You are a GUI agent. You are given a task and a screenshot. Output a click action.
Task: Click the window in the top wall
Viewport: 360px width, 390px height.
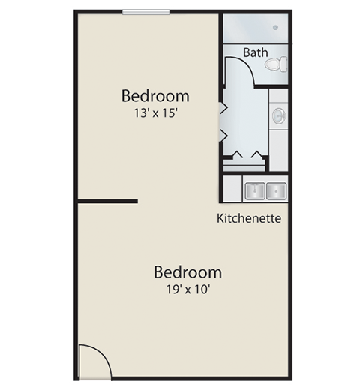coord(146,12)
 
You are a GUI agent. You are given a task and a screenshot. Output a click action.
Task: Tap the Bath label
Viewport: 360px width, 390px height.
coord(255,52)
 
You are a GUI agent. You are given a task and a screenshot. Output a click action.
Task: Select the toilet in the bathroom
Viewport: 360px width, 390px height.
coord(276,64)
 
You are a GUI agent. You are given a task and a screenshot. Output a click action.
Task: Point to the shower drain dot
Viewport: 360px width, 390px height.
coord(275,27)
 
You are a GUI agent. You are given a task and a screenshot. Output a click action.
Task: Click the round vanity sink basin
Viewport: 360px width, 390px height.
coord(278,116)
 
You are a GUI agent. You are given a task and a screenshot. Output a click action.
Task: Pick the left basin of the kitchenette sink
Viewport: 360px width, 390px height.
coord(255,191)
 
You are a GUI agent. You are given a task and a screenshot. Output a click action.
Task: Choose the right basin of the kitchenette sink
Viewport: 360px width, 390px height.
coord(276,191)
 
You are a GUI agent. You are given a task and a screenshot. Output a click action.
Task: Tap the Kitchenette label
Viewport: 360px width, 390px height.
coord(249,218)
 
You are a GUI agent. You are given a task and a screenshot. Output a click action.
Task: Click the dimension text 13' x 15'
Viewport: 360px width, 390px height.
coord(155,112)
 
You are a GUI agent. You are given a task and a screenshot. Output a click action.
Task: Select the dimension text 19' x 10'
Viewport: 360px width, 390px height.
coord(188,289)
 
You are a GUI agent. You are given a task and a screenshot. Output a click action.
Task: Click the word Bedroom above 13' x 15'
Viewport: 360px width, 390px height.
coord(155,96)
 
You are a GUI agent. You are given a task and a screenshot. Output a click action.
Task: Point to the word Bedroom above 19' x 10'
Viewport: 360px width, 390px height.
coord(187,272)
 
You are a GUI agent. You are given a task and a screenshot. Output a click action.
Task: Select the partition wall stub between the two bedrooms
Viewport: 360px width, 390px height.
coord(107,201)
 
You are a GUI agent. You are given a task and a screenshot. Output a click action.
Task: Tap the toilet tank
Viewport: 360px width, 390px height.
coord(284,64)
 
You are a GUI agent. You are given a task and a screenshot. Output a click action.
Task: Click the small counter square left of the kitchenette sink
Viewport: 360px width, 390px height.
coord(232,189)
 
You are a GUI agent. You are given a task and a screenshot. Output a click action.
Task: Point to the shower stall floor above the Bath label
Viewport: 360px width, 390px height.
coord(255,28)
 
